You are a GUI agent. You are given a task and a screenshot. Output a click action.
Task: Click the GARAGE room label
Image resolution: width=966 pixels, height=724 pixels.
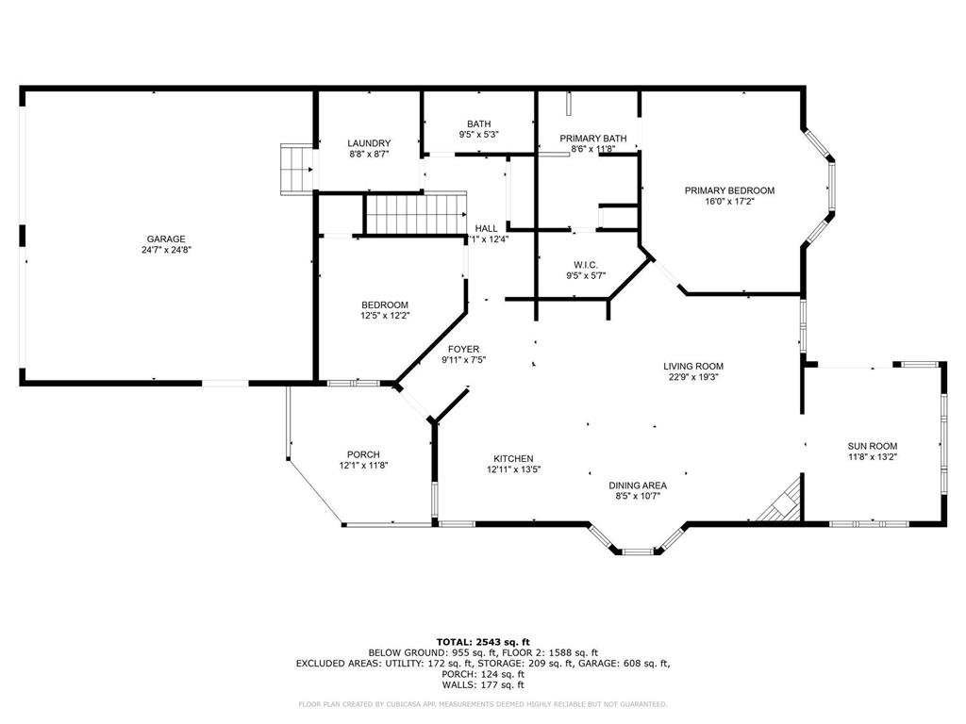point(165,239)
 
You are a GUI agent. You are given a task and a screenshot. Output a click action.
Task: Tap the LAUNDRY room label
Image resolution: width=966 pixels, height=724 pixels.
point(368,143)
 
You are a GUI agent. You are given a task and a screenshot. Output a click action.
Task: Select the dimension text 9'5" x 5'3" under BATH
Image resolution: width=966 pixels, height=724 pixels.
point(478,135)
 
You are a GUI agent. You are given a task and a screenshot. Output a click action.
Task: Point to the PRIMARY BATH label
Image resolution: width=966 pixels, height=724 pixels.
point(592,139)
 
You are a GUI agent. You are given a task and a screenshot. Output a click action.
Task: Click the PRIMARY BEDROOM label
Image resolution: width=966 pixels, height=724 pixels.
point(729,190)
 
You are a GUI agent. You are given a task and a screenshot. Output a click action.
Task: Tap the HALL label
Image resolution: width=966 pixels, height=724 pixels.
point(487,228)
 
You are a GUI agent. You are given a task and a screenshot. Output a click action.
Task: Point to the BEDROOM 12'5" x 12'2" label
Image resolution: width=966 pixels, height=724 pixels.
point(385,304)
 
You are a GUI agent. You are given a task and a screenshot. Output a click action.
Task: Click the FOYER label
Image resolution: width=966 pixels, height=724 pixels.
point(463,349)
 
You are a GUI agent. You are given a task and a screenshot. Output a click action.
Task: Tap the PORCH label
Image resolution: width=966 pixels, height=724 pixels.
point(363,454)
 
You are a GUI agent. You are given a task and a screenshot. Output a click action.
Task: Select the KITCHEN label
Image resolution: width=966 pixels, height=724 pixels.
point(513,458)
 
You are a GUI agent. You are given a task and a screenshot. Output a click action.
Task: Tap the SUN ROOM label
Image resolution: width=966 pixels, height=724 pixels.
point(872,446)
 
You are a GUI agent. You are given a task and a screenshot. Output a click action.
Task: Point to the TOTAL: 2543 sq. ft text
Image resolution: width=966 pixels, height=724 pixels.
point(482,641)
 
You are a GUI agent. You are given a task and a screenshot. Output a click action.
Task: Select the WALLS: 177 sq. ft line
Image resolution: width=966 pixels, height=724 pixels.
point(482,685)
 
